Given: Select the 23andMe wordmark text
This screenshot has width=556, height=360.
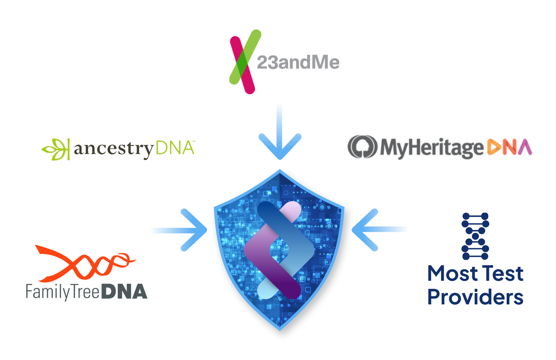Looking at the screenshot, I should pyautogui.click(x=298, y=63).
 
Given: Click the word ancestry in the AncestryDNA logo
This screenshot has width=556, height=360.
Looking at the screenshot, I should pyautogui.click(x=113, y=149).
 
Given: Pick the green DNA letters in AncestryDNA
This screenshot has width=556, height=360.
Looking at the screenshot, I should pyautogui.click(x=175, y=148).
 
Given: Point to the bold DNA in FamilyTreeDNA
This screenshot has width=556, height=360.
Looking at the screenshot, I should pyautogui.click(x=125, y=292).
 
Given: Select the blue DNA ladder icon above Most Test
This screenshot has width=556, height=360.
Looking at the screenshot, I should pyautogui.click(x=475, y=236).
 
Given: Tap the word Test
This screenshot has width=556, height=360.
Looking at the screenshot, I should pyautogui.click(x=503, y=273).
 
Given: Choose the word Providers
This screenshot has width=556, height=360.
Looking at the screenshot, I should pyautogui.click(x=475, y=297).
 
